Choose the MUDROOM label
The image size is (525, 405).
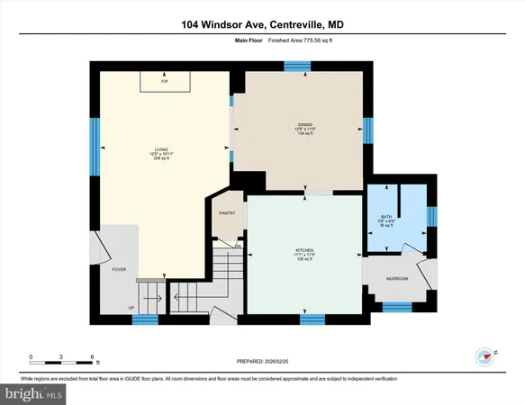click(x=396, y=279)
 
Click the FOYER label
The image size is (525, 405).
click(x=119, y=269)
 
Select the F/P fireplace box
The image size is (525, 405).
click(x=165, y=82)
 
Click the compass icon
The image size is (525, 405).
click(x=487, y=355)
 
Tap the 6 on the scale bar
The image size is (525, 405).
click(x=95, y=357)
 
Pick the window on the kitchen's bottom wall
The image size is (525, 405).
click(x=312, y=319)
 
